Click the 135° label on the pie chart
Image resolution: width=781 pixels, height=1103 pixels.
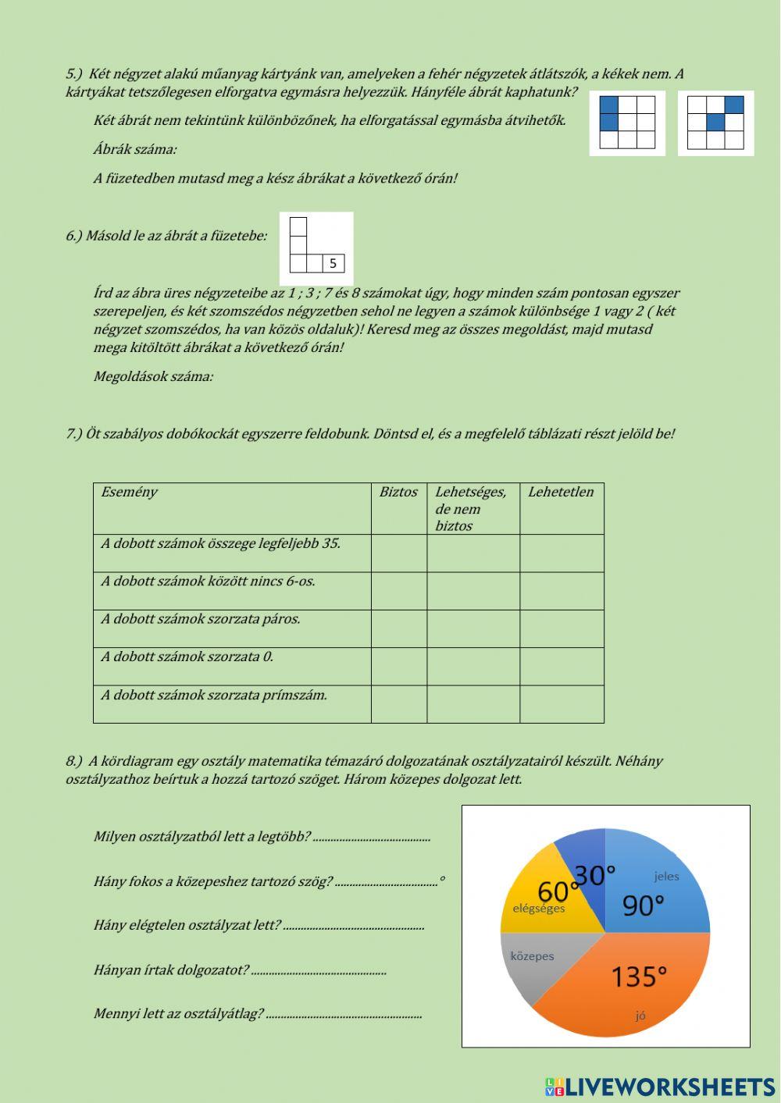(x=638, y=977)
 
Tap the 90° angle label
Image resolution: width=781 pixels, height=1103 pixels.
(x=643, y=906)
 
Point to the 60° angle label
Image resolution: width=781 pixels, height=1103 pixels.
(x=558, y=891)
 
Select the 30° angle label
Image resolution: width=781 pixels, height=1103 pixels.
(x=595, y=875)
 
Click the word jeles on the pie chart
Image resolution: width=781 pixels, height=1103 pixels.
(x=666, y=876)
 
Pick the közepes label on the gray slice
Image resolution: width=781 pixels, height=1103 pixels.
(x=532, y=956)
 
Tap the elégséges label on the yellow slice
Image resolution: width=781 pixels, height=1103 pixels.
(x=538, y=908)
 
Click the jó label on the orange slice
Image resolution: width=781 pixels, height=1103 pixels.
(x=640, y=1016)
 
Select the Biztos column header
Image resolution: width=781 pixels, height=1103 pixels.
(x=398, y=493)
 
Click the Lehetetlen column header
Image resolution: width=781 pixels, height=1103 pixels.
(x=560, y=493)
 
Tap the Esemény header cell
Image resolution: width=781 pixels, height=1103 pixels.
(x=129, y=493)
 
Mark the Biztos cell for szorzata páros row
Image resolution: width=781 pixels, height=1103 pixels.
(x=398, y=628)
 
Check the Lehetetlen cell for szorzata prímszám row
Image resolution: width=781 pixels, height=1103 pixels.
(x=561, y=704)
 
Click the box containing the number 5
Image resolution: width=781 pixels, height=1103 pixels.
(x=333, y=264)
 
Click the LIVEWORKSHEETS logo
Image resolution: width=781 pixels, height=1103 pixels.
(x=660, y=1087)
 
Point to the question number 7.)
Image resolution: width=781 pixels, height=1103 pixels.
(x=73, y=434)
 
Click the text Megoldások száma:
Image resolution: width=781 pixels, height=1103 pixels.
(x=153, y=377)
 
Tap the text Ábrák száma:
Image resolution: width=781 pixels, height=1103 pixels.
(x=134, y=149)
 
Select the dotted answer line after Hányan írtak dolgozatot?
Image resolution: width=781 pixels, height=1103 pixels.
(x=319, y=972)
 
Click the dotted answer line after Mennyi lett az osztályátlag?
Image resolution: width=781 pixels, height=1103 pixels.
(x=344, y=1016)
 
